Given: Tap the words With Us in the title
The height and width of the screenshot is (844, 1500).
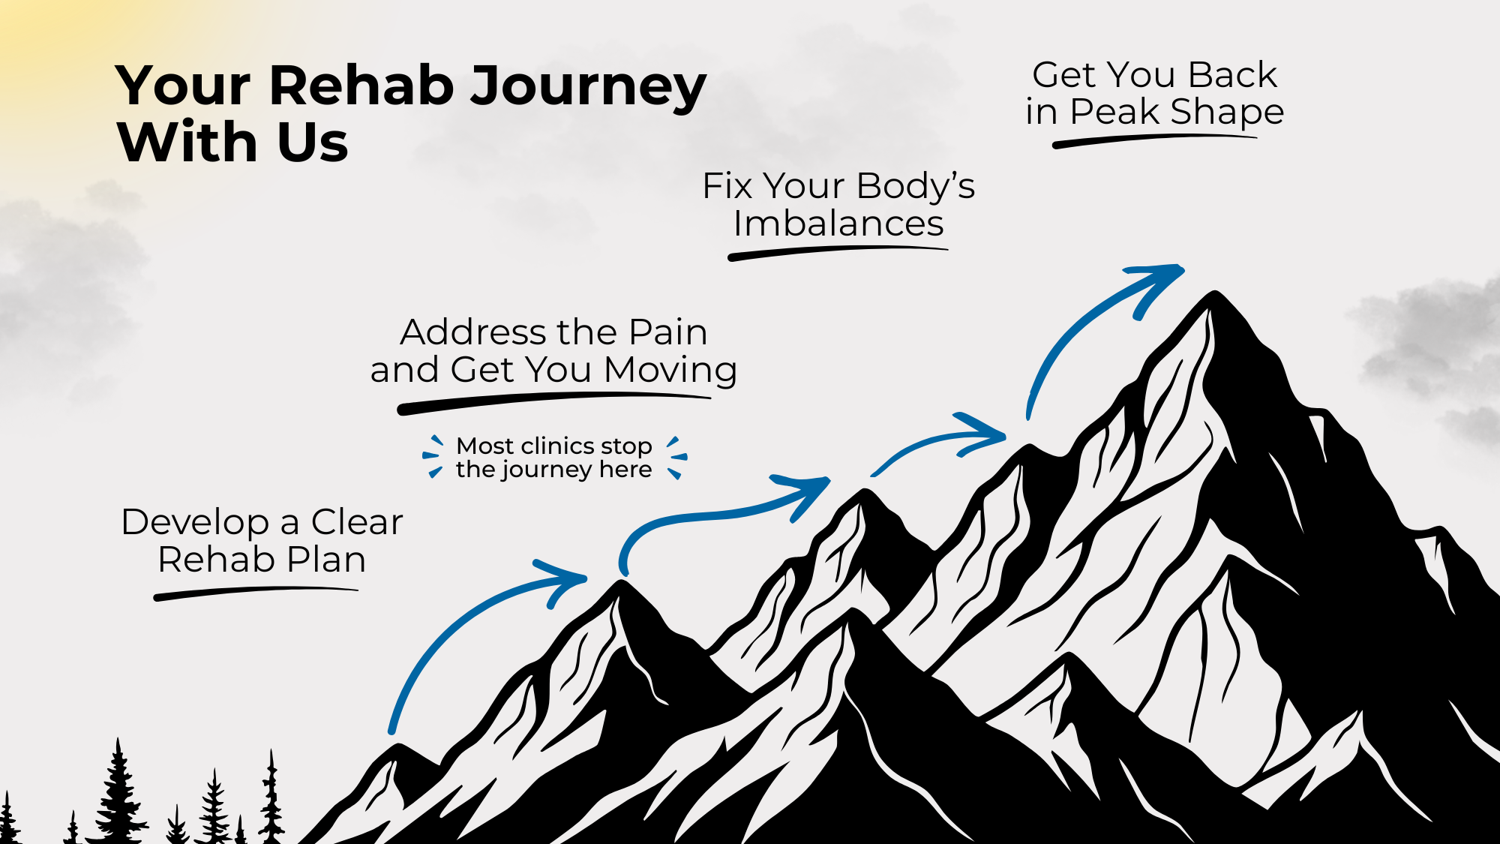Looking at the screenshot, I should click(x=232, y=142).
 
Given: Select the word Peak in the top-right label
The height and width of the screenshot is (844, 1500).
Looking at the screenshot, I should click(x=1114, y=113).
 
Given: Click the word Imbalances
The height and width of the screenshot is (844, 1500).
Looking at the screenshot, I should click(x=838, y=224).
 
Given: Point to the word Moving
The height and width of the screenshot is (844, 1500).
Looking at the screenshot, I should click(x=670, y=370).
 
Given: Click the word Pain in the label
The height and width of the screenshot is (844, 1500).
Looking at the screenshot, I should click(x=667, y=332).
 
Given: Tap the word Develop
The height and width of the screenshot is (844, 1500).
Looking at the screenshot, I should click(x=195, y=522).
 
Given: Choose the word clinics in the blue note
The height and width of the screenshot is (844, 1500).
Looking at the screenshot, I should click(x=553, y=446).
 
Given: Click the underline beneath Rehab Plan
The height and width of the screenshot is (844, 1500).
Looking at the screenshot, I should click(x=255, y=593).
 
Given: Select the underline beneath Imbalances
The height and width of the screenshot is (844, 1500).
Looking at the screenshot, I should click(x=837, y=253).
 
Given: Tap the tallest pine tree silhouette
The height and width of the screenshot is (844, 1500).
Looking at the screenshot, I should click(x=118, y=795).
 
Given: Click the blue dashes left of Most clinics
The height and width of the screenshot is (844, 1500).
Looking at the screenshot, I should click(x=433, y=455).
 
